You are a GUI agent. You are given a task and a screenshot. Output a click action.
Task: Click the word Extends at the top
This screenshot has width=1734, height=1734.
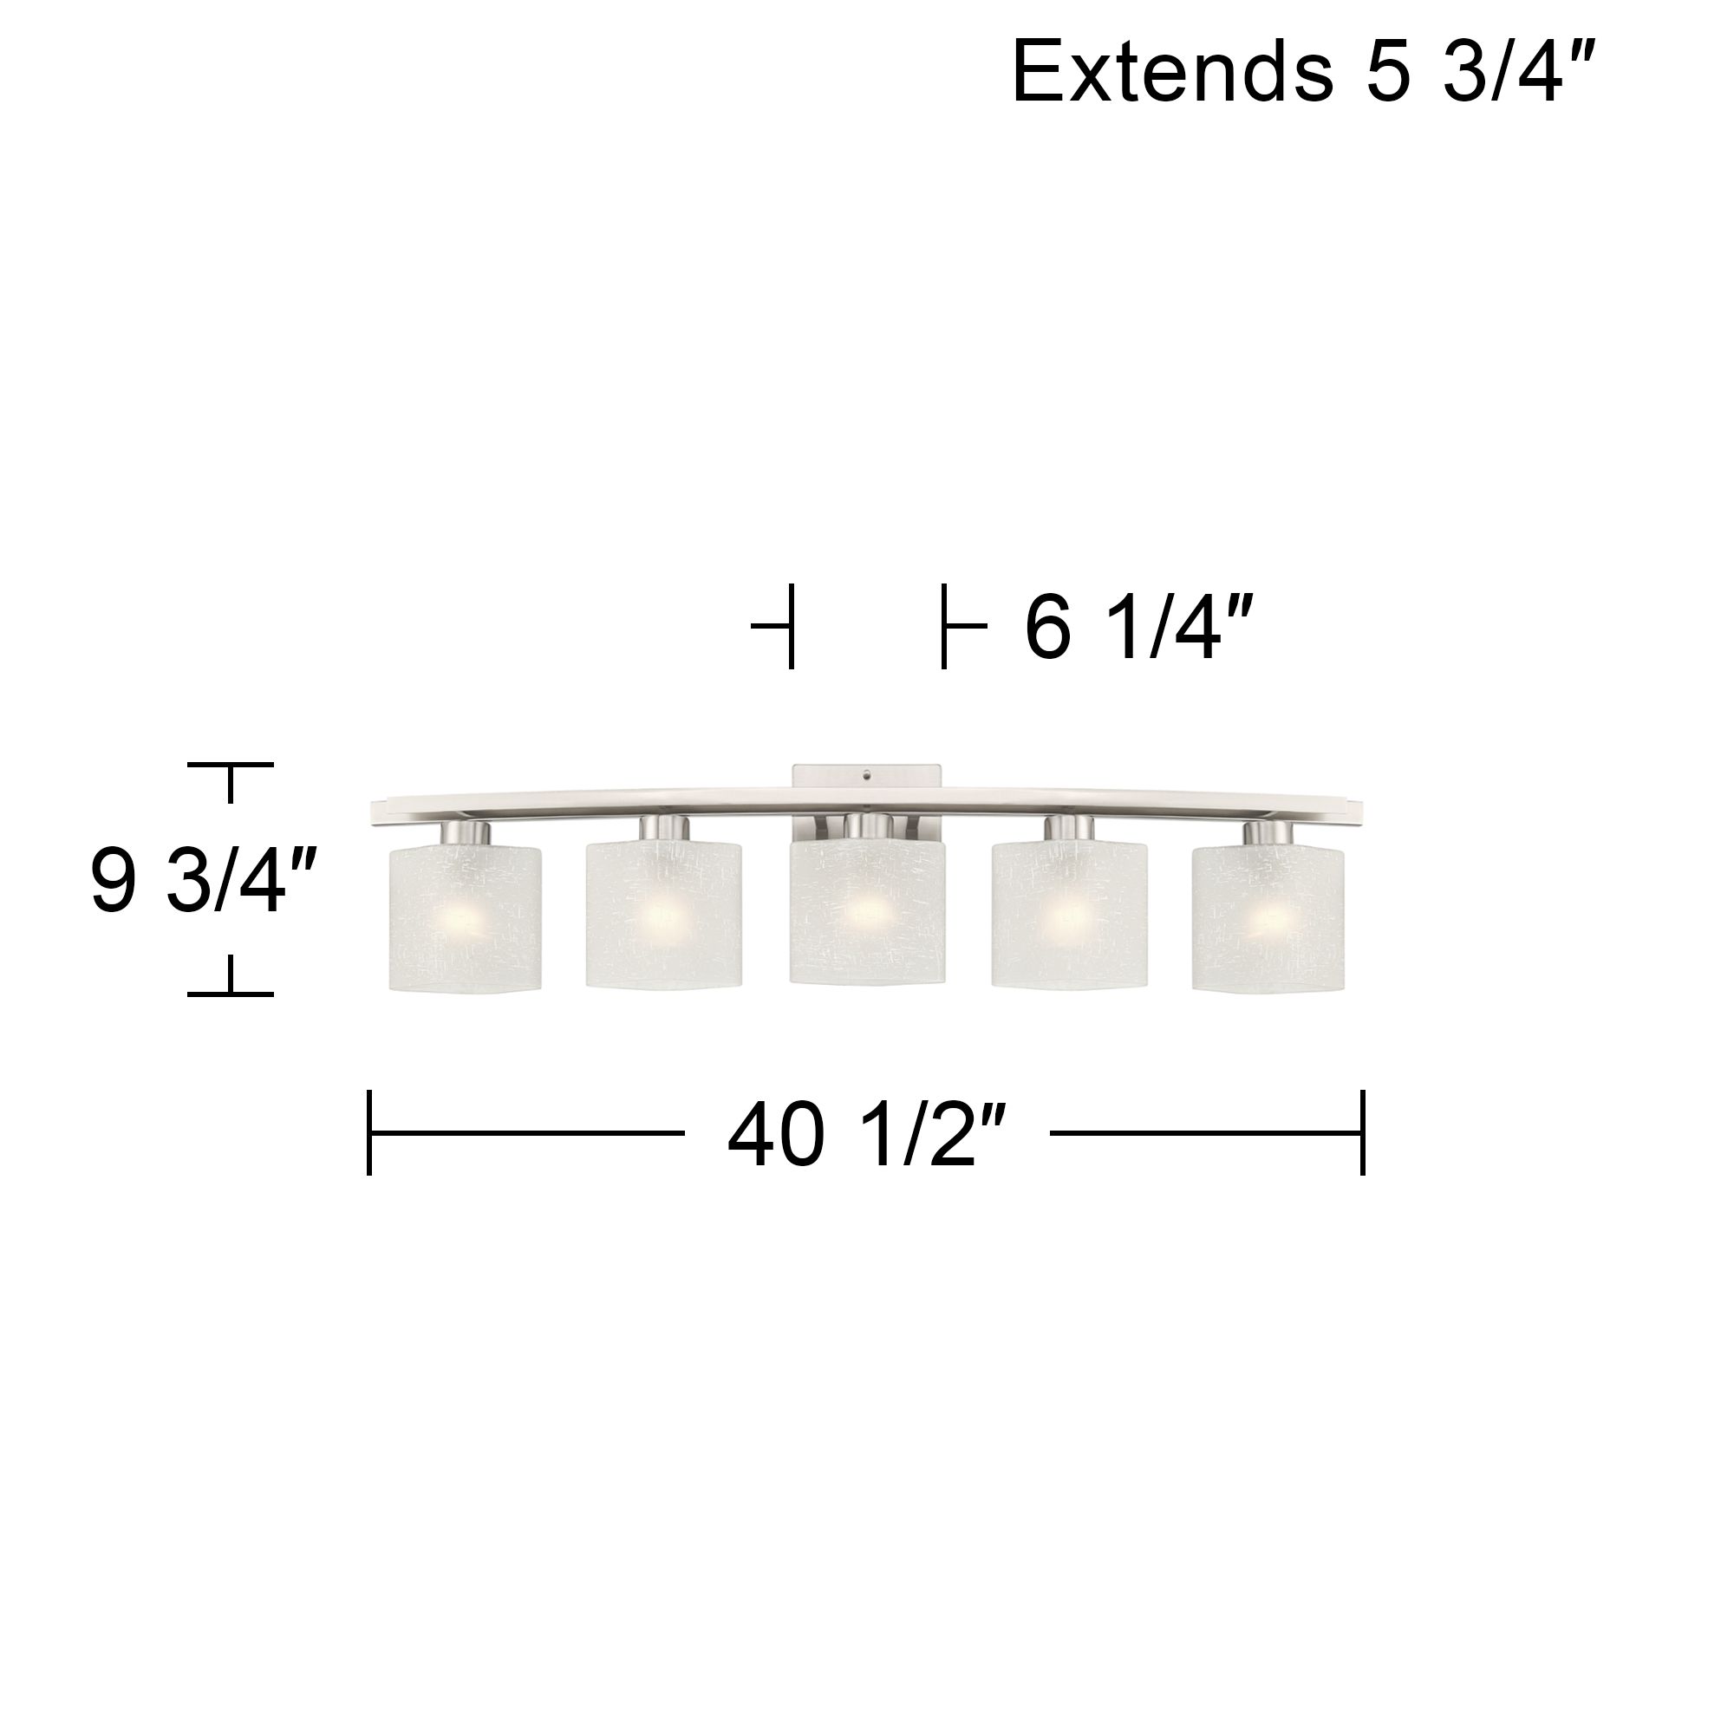tap(1172, 74)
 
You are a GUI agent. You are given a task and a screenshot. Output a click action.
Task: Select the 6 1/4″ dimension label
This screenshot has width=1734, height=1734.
tap(1138, 629)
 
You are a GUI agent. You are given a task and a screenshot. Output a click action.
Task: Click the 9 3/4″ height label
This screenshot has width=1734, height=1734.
tap(203, 882)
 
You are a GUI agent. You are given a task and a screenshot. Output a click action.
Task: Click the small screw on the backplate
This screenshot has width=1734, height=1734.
tap(866, 772)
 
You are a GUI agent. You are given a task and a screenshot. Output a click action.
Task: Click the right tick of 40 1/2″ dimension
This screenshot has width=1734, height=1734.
tap(1362, 1132)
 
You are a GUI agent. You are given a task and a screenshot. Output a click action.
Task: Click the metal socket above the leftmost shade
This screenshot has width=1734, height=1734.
tap(466, 833)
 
